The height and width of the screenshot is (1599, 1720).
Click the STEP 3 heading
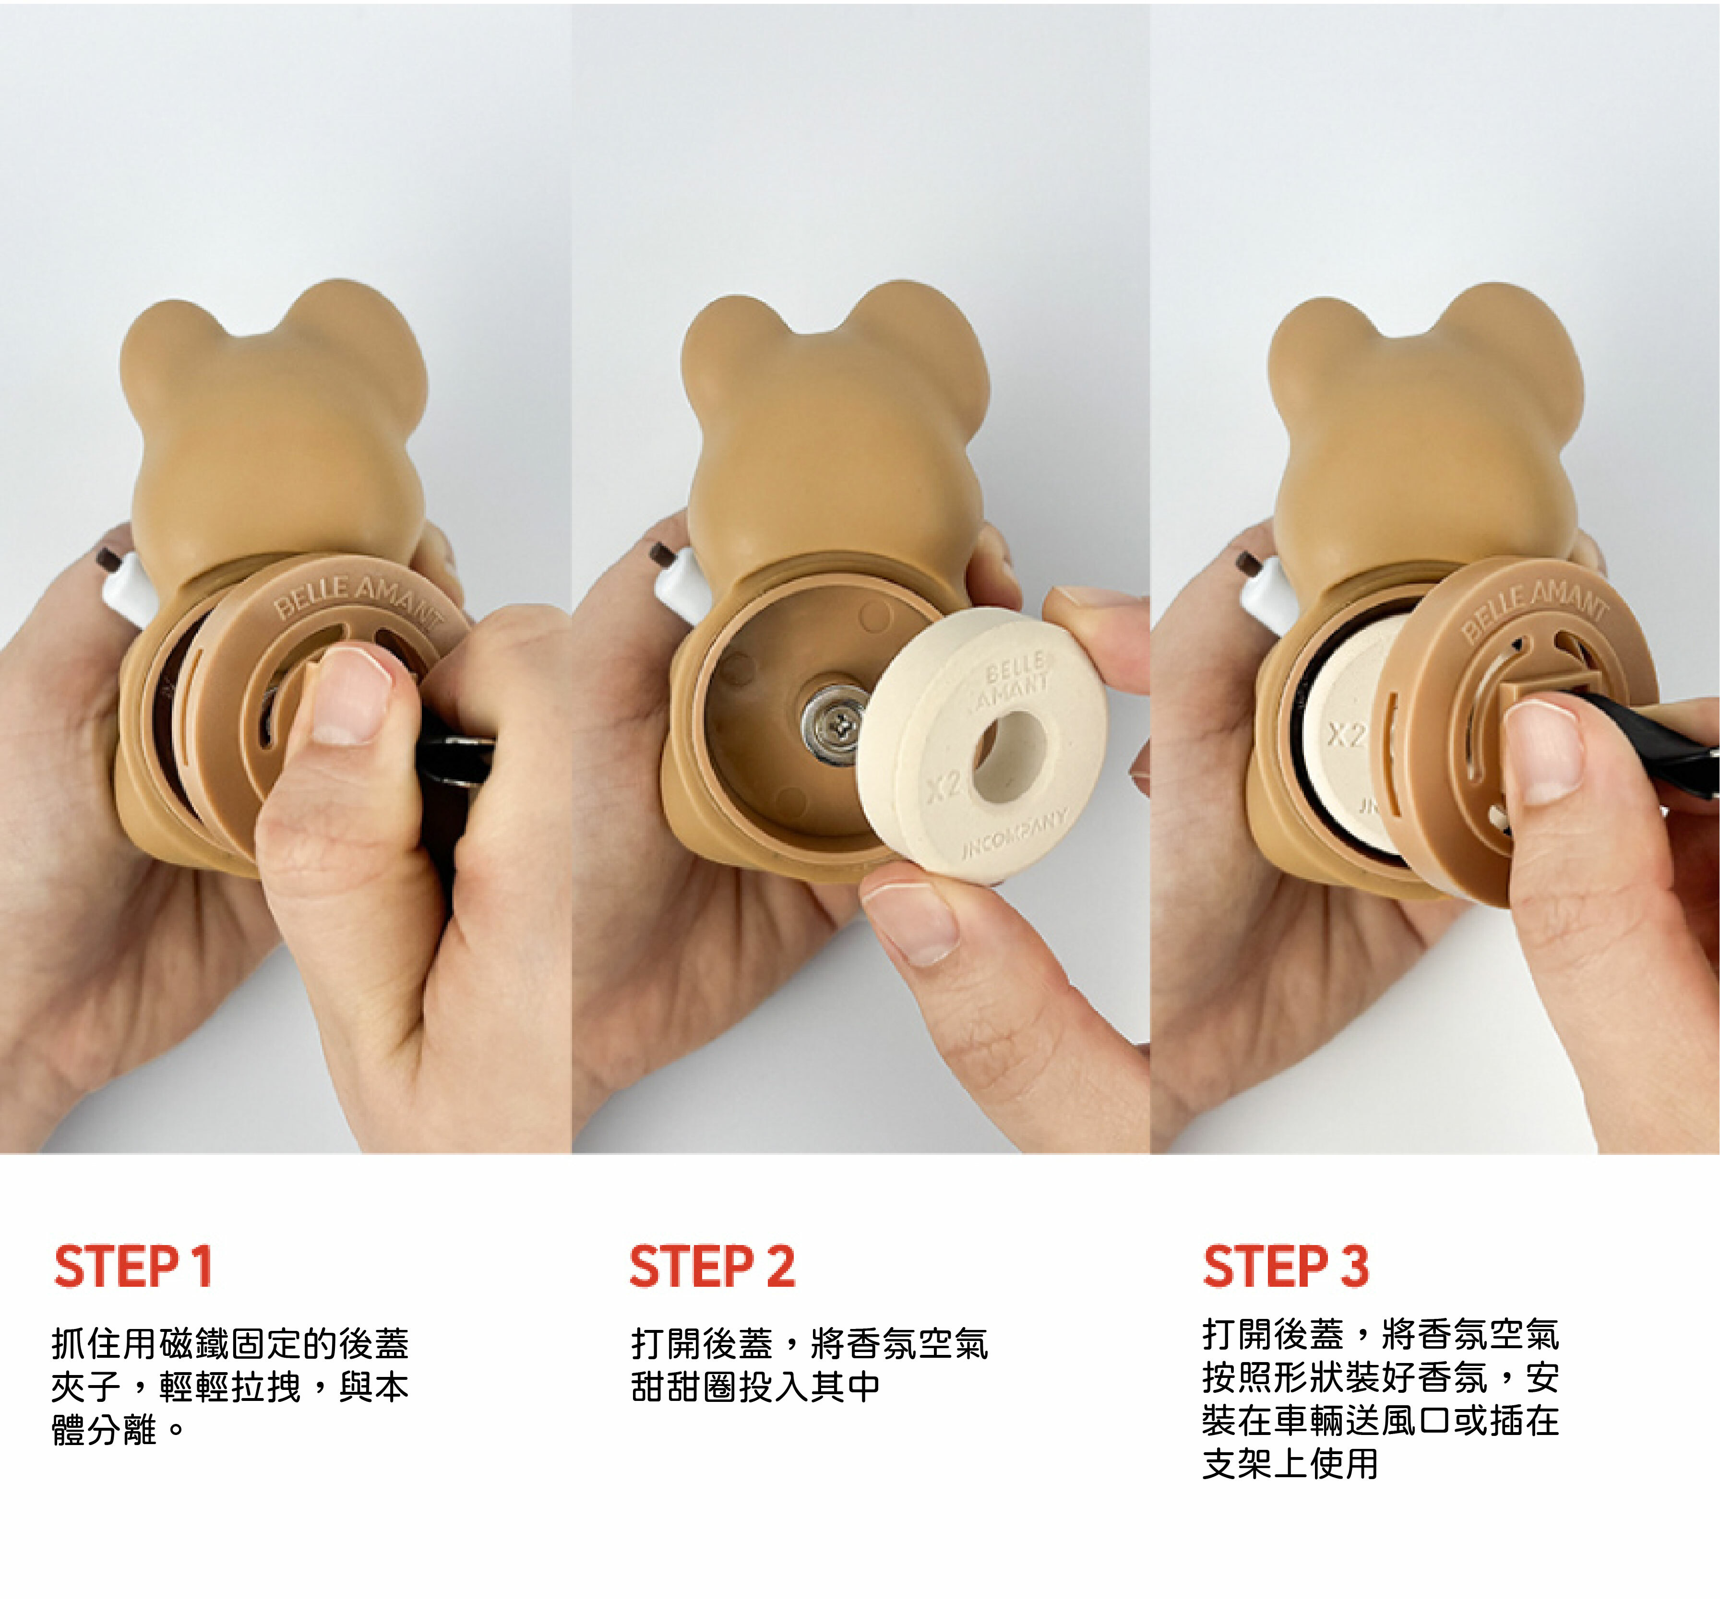1286,1267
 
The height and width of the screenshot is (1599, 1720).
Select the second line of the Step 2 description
755,1387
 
